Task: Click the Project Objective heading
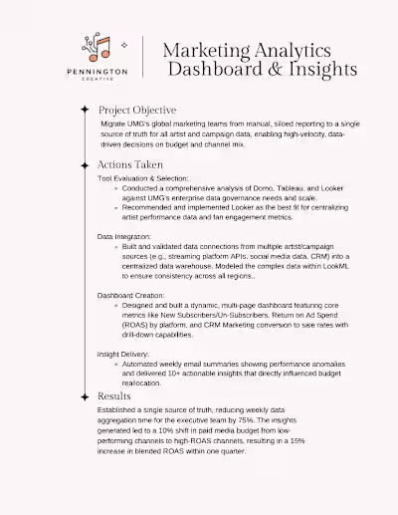pos(137,110)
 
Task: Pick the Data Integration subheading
pos(124,235)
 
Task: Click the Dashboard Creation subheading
pos(130,296)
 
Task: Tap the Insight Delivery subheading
pos(124,354)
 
